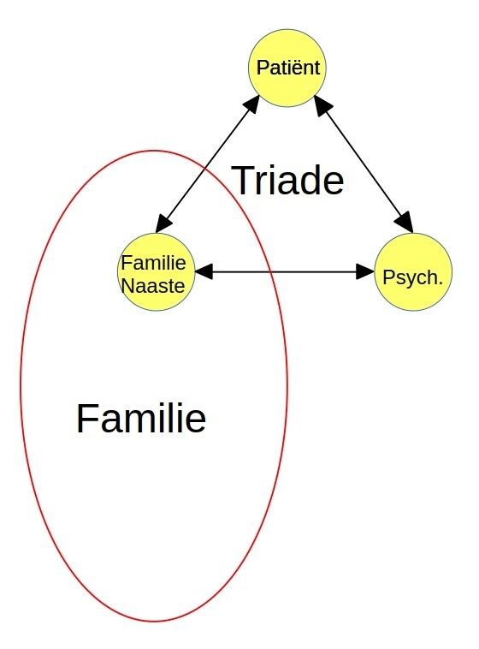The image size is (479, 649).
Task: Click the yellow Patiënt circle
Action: tap(287, 68)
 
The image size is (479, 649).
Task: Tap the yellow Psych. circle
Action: tap(413, 272)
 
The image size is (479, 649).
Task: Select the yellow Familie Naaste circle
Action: tap(156, 272)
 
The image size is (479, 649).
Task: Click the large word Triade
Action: tap(288, 180)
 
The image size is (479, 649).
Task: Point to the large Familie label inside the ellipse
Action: tap(141, 418)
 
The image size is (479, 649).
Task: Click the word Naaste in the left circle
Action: tap(153, 286)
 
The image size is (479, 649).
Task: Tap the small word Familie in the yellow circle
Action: tap(153, 263)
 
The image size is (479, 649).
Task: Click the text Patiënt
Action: tap(288, 68)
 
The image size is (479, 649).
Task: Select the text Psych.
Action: tap(412, 277)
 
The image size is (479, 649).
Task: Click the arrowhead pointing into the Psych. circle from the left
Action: tap(365, 272)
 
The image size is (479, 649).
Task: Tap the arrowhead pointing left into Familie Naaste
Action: tap(204, 272)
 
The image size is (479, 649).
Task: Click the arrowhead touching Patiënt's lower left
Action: tap(251, 104)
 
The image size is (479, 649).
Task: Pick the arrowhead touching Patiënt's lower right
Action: tap(323, 104)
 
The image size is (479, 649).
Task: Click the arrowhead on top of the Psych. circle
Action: tap(404, 223)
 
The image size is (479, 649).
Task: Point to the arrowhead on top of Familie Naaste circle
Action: tap(164, 223)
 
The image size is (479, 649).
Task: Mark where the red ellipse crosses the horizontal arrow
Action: tap(270, 272)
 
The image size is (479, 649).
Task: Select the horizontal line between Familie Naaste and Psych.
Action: tap(285, 272)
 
